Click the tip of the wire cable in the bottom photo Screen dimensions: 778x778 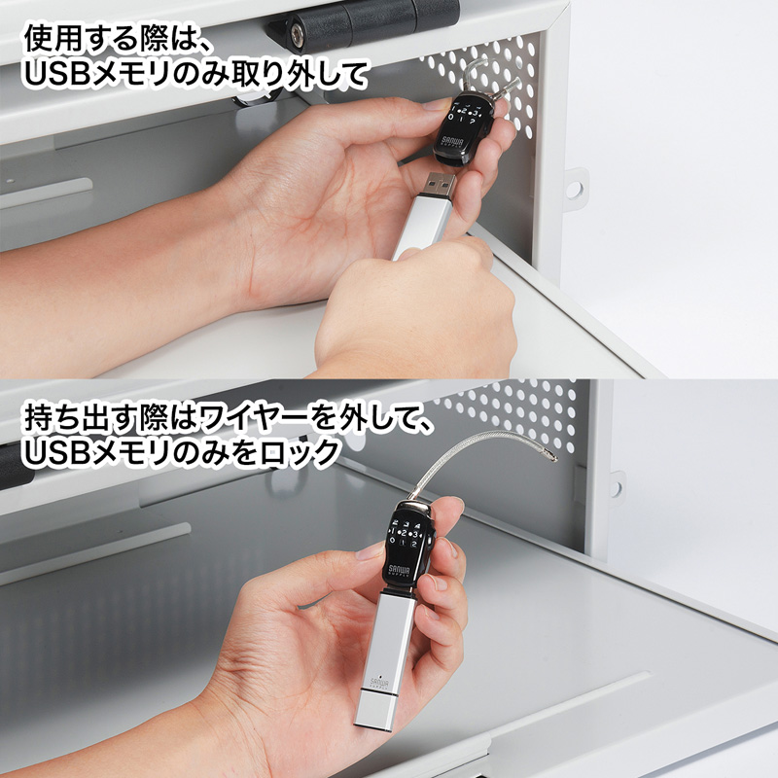click(x=551, y=454)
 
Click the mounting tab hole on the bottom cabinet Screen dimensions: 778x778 click(x=616, y=484)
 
